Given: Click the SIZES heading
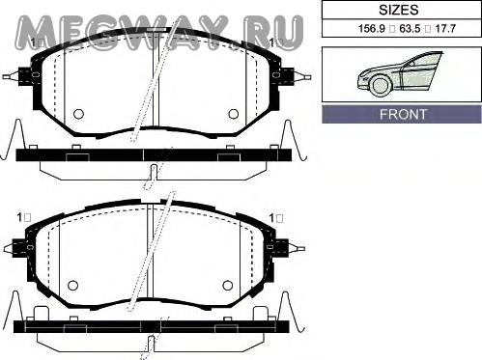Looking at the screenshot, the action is click(398, 10).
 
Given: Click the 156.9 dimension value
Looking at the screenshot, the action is click(372, 29).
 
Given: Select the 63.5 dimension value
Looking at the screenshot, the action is click(410, 29).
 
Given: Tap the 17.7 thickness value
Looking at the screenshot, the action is click(445, 29).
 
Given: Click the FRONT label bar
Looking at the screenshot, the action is click(402, 114).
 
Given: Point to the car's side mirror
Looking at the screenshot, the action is click(411, 64).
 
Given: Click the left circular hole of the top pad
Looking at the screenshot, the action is click(78, 114).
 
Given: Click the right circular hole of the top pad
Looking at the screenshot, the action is click(233, 114).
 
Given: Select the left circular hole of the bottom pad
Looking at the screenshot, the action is click(73, 285).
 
